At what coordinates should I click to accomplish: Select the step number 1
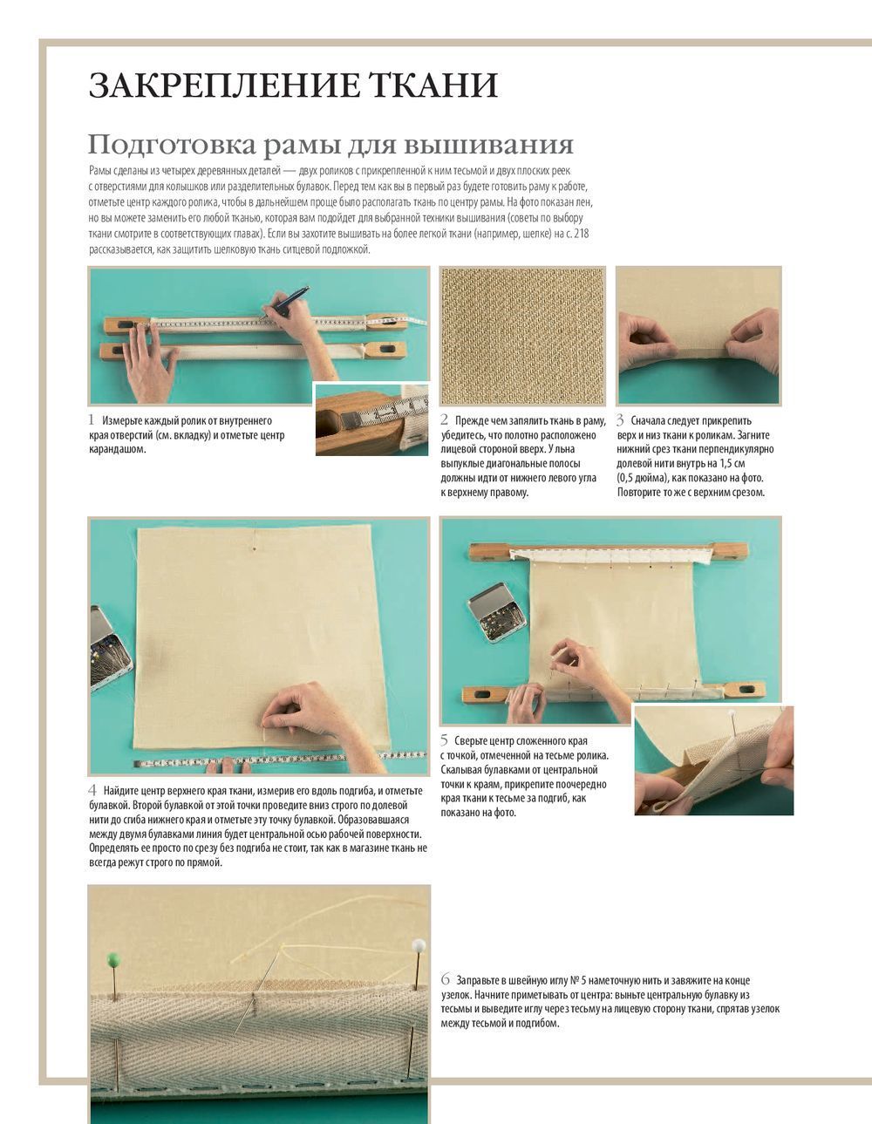click(92, 420)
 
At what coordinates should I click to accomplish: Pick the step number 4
click(92, 790)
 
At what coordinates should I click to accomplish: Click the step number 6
click(446, 980)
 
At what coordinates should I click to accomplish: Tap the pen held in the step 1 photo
click(284, 302)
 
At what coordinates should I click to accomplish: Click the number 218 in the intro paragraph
click(582, 234)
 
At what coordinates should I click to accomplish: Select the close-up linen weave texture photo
click(522, 336)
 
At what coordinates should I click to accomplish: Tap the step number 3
click(620, 420)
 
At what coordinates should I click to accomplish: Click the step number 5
click(444, 740)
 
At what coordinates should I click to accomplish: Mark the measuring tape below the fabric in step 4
click(279, 760)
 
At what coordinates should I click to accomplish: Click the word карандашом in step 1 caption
click(117, 449)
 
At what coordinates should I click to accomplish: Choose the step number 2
click(444, 420)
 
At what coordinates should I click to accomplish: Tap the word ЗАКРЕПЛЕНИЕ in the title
click(223, 85)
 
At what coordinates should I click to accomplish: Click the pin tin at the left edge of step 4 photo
click(109, 649)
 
